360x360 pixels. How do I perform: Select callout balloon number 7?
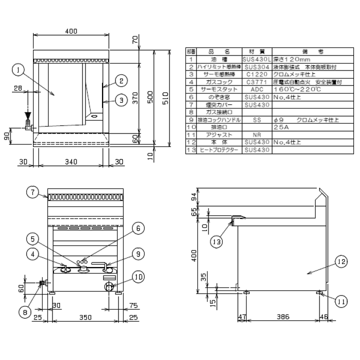(x=32, y=191)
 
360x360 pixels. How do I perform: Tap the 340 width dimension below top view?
(x=71, y=162)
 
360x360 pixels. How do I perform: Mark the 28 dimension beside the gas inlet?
(x=18, y=89)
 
